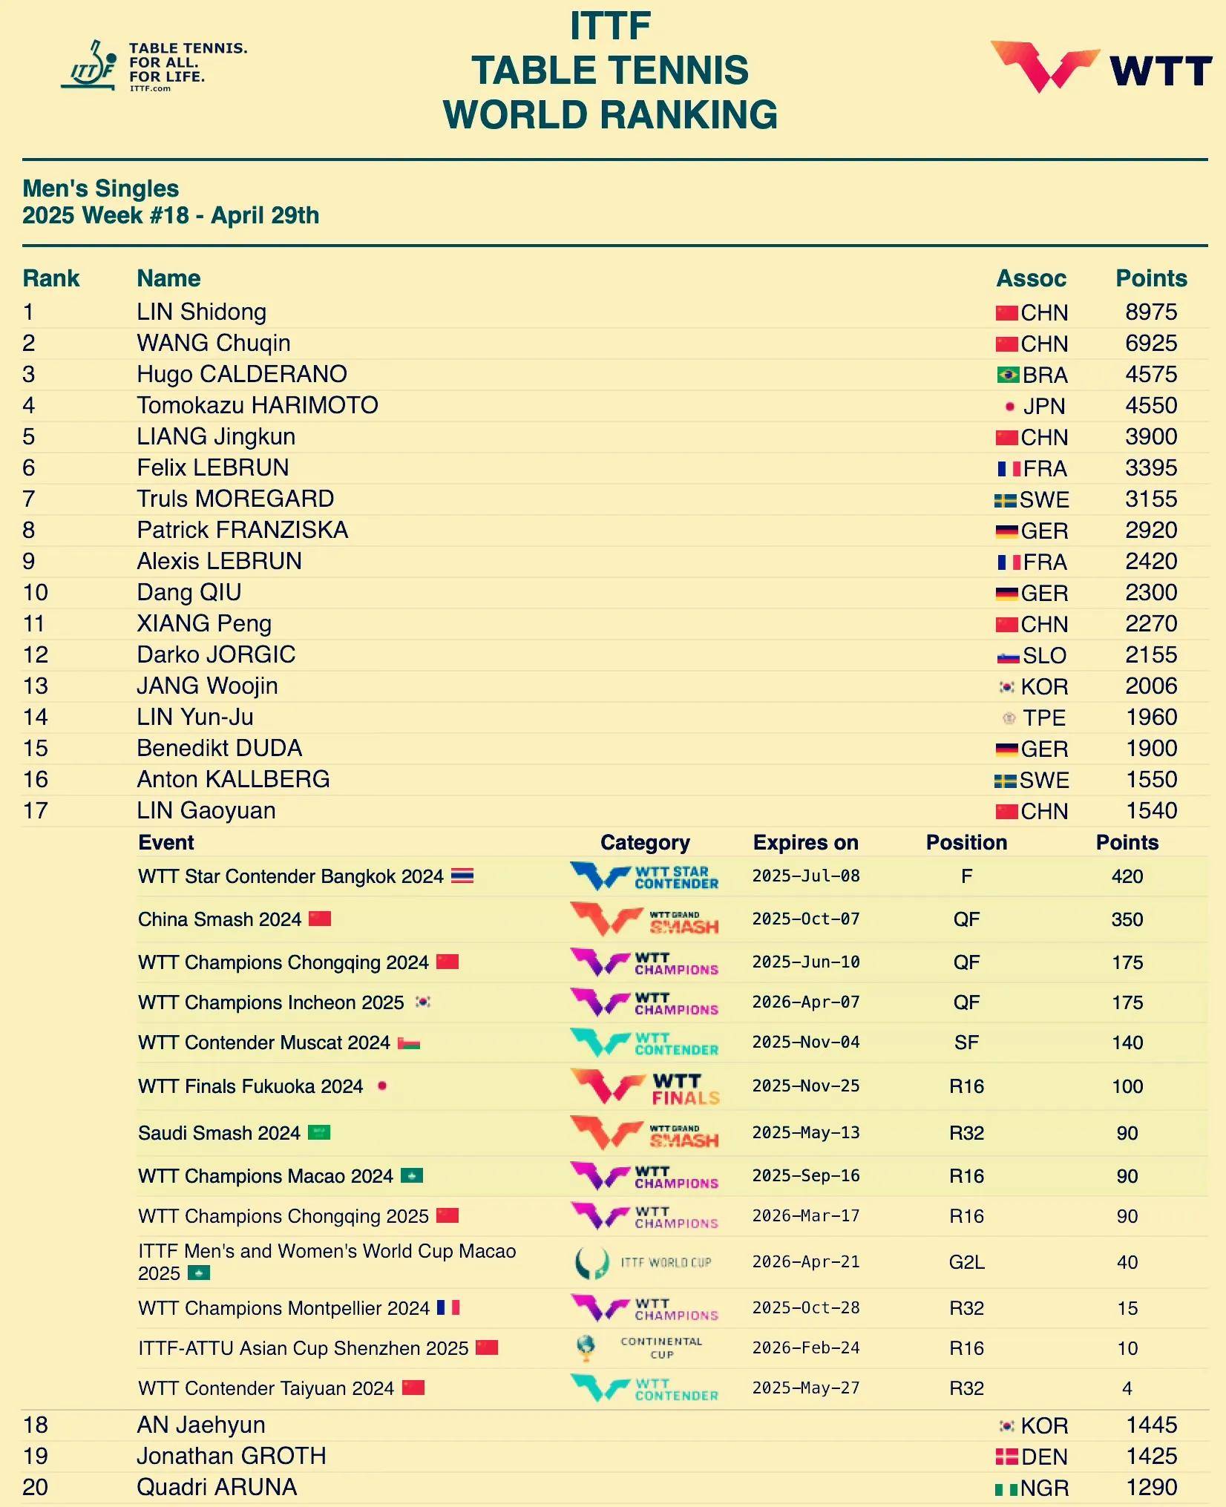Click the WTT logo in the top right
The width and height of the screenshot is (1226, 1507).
(x=1101, y=68)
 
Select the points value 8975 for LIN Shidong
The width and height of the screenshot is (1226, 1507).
(x=1150, y=312)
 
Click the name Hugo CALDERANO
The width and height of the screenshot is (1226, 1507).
(x=241, y=374)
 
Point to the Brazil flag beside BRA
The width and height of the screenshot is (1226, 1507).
(x=1007, y=375)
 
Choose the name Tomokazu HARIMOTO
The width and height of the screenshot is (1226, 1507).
(x=257, y=405)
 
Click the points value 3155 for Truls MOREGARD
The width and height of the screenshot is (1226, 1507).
(x=1150, y=499)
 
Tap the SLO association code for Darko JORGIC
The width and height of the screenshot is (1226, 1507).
(x=1044, y=655)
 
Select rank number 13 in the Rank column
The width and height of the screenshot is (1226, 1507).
(x=35, y=686)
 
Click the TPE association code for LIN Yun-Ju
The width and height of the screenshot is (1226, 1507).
(x=1044, y=718)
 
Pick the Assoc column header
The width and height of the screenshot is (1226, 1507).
(x=1031, y=278)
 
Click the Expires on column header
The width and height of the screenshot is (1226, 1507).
(x=805, y=842)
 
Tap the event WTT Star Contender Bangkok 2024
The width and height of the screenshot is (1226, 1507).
(x=290, y=876)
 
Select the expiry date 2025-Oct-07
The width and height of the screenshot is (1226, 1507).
(x=805, y=919)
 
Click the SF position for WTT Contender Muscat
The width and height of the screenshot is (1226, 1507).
(x=966, y=1043)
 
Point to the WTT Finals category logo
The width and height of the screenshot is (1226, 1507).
(x=644, y=1087)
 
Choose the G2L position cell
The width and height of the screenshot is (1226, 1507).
(x=966, y=1262)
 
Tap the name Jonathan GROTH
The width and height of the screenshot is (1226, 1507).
(x=231, y=1456)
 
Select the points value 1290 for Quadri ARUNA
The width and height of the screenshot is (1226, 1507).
(x=1151, y=1487)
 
